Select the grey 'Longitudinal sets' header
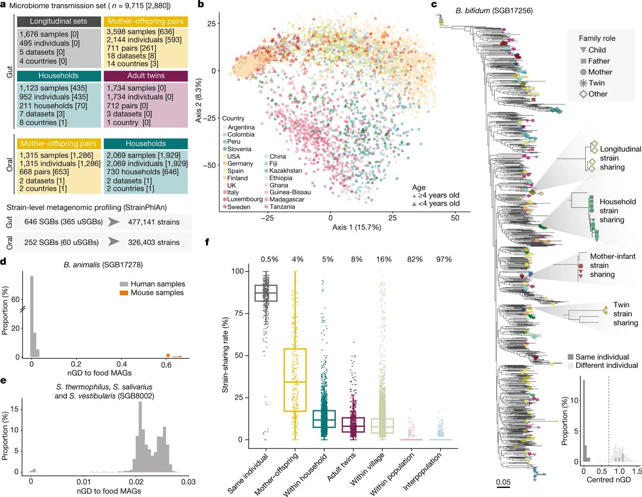click(50, 21)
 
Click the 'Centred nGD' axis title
click(607, 482)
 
